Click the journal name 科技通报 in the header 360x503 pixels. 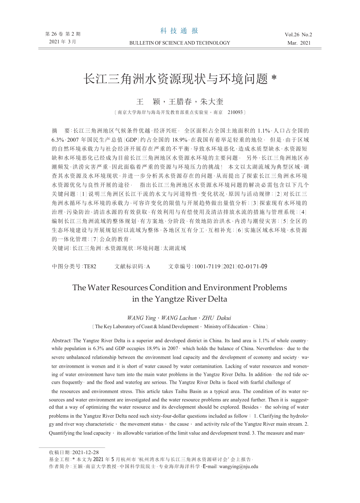[179, 31]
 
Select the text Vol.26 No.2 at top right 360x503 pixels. [299, 34]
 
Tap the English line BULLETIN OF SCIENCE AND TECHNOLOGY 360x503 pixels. [180, 43]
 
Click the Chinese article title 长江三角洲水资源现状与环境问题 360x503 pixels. [176, 79]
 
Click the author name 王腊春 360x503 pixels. [180, 102]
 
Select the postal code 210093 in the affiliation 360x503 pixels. [235, 112]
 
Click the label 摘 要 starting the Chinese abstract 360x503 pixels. [61, 131]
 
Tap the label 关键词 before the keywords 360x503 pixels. [61, 248]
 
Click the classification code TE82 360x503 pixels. [90, 267]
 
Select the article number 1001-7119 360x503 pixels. [208, 267]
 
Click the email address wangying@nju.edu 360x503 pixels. [239, 466]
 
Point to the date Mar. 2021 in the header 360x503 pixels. [299, 43]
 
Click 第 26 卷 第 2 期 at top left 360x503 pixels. [63, 34]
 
